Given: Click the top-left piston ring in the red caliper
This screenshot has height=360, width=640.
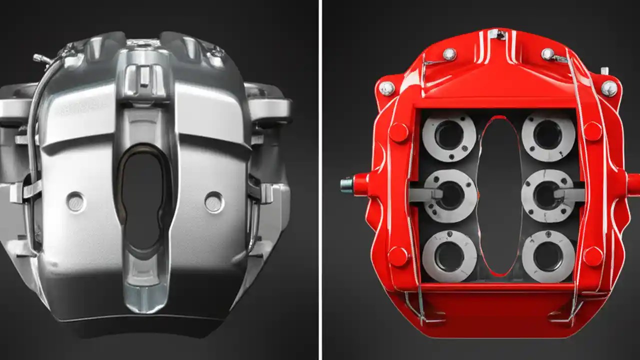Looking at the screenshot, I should [449, 136].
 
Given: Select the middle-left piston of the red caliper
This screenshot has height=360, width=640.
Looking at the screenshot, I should [450, 195].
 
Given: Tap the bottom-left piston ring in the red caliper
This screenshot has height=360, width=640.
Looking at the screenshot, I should [449, 256].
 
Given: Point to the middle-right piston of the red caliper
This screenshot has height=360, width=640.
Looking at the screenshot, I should [547, 195].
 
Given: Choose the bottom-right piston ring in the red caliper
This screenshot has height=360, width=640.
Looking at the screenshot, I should [548, 256].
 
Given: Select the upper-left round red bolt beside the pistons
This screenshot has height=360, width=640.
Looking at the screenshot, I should [399, 132].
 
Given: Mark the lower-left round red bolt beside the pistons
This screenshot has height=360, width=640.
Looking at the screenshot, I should [398, 256].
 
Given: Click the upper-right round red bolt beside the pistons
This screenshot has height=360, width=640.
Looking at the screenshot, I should [592, 131].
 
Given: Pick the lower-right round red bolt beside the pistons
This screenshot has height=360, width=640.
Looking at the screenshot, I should [593, 256].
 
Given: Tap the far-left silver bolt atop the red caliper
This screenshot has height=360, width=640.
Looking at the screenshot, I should [386, 88].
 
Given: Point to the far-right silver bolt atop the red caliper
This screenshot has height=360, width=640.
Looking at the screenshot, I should [609, 88].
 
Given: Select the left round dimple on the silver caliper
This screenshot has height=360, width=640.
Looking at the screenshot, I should [76, 201].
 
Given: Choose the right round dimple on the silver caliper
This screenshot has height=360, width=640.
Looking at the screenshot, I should [214, 201].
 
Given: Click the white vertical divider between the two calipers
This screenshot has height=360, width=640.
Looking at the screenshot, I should [320, 180].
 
